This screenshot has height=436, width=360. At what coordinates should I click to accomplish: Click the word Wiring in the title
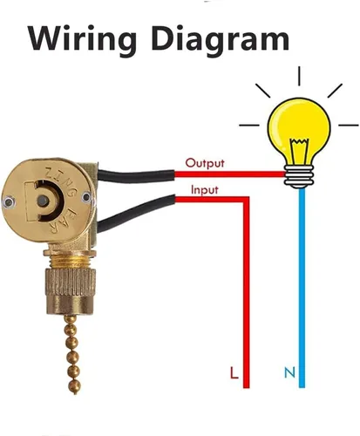click(82, 38)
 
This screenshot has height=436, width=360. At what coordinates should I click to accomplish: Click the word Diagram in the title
click(220, 38)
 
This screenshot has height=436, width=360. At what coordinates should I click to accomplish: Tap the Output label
click(205, 163)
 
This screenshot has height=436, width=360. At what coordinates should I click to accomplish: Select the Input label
click(205, 190)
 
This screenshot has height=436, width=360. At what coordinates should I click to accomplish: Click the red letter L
click(234, 372)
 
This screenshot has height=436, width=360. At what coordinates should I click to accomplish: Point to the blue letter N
click(289, 372)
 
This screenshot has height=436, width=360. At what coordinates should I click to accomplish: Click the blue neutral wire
click(302, 288)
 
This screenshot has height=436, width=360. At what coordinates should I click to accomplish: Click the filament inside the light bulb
click(299, 151)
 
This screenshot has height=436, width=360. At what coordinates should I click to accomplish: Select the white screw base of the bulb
click(299, 177)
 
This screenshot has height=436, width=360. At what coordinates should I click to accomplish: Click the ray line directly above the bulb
click(299, 76)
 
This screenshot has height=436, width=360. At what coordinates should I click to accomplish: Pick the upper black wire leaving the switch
click(136, 175)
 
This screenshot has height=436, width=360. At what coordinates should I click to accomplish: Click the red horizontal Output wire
click(229, 174)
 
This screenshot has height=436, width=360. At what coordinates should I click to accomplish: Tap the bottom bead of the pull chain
click(74, 387)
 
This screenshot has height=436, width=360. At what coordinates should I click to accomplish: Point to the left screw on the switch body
click(10, 201)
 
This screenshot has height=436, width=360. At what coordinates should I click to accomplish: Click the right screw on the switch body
click(86, 197)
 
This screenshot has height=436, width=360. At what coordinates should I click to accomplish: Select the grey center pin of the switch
click(43, 201)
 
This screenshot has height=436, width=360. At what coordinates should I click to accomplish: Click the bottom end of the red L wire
click(246, 387)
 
